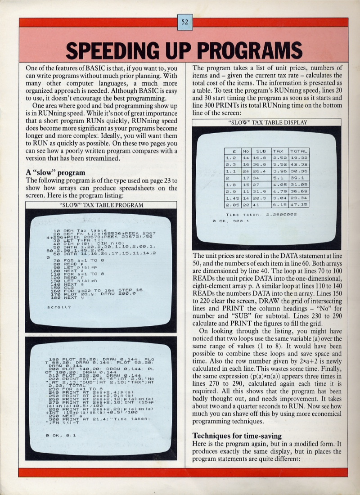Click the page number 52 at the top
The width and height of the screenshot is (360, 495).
185,21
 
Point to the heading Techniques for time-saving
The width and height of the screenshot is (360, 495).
238,435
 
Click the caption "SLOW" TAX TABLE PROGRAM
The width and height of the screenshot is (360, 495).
101,205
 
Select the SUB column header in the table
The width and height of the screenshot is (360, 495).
261,151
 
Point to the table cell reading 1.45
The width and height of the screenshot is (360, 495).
232,196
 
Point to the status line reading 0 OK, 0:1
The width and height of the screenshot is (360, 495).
58,435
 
